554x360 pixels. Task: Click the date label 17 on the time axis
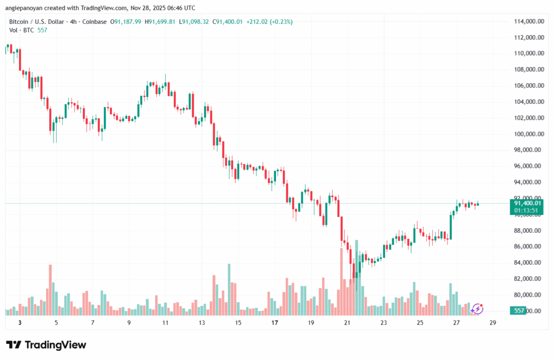(x=274, y=323)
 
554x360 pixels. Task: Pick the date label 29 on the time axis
(x=493, y=323)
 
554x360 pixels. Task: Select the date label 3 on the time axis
(x=19, y=323)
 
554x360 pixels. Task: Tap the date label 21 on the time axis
(x=347, y=323)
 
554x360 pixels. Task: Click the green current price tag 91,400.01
(x=527, y=203)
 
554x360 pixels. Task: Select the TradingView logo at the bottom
(x=45, y=345)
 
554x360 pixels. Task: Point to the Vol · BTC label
(x=22, y=30)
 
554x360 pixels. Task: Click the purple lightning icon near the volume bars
(x=477, y=309)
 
